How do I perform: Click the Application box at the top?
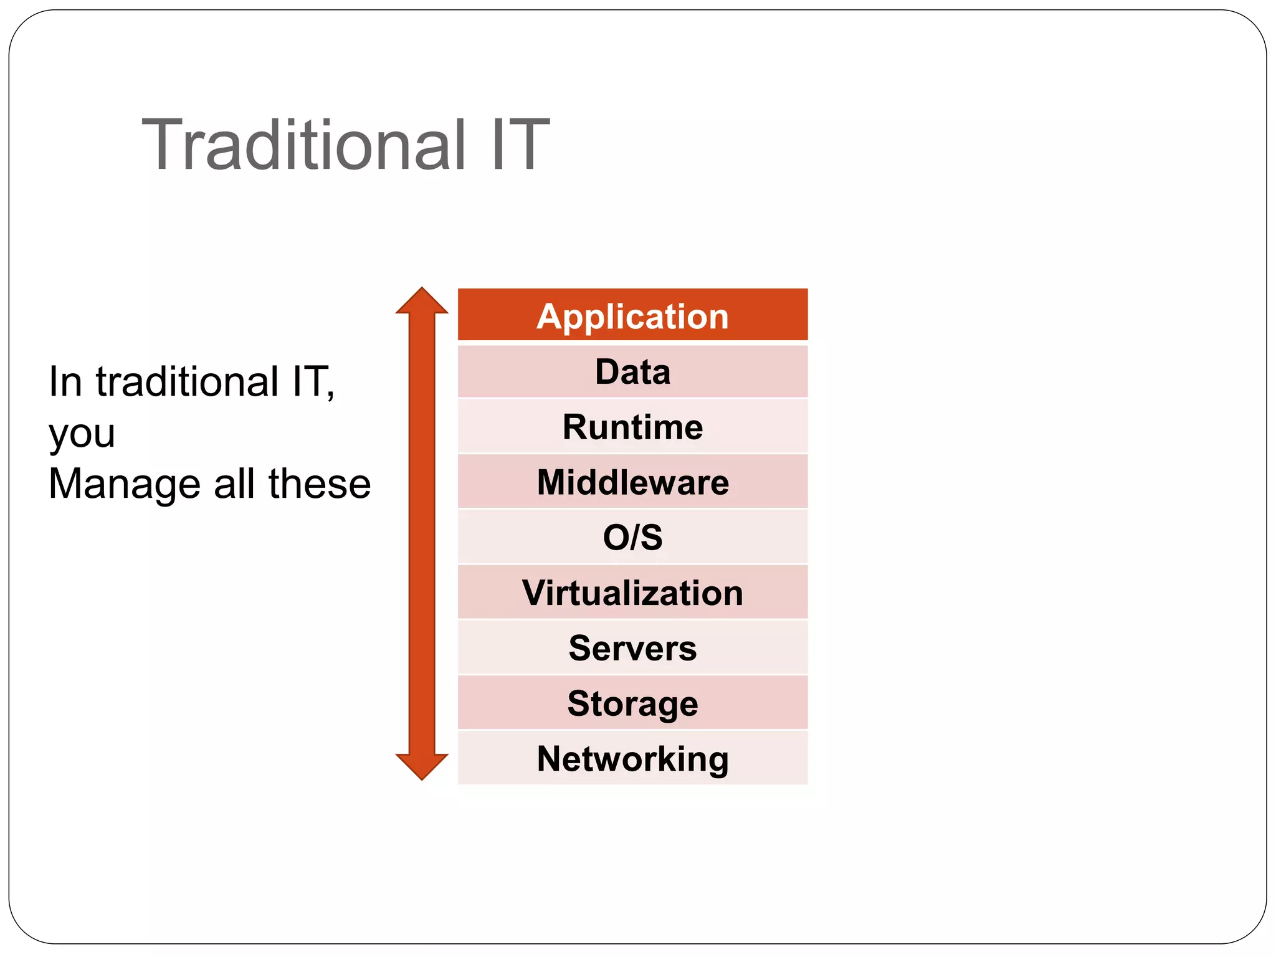632,315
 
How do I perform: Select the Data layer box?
632,372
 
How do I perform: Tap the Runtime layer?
632,427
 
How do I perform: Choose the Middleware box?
632,482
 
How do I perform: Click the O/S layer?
632,537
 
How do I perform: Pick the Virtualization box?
632,593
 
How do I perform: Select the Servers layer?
632,648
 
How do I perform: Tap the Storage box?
632,703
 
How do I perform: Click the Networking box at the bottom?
632,758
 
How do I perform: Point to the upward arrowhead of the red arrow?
422,302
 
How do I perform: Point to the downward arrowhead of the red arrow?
422,766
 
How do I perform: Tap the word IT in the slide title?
520,145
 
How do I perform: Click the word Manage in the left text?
125,484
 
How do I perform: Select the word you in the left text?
82,434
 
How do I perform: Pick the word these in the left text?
319,484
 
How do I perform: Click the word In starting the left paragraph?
65,381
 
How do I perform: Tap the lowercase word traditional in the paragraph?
188,381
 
